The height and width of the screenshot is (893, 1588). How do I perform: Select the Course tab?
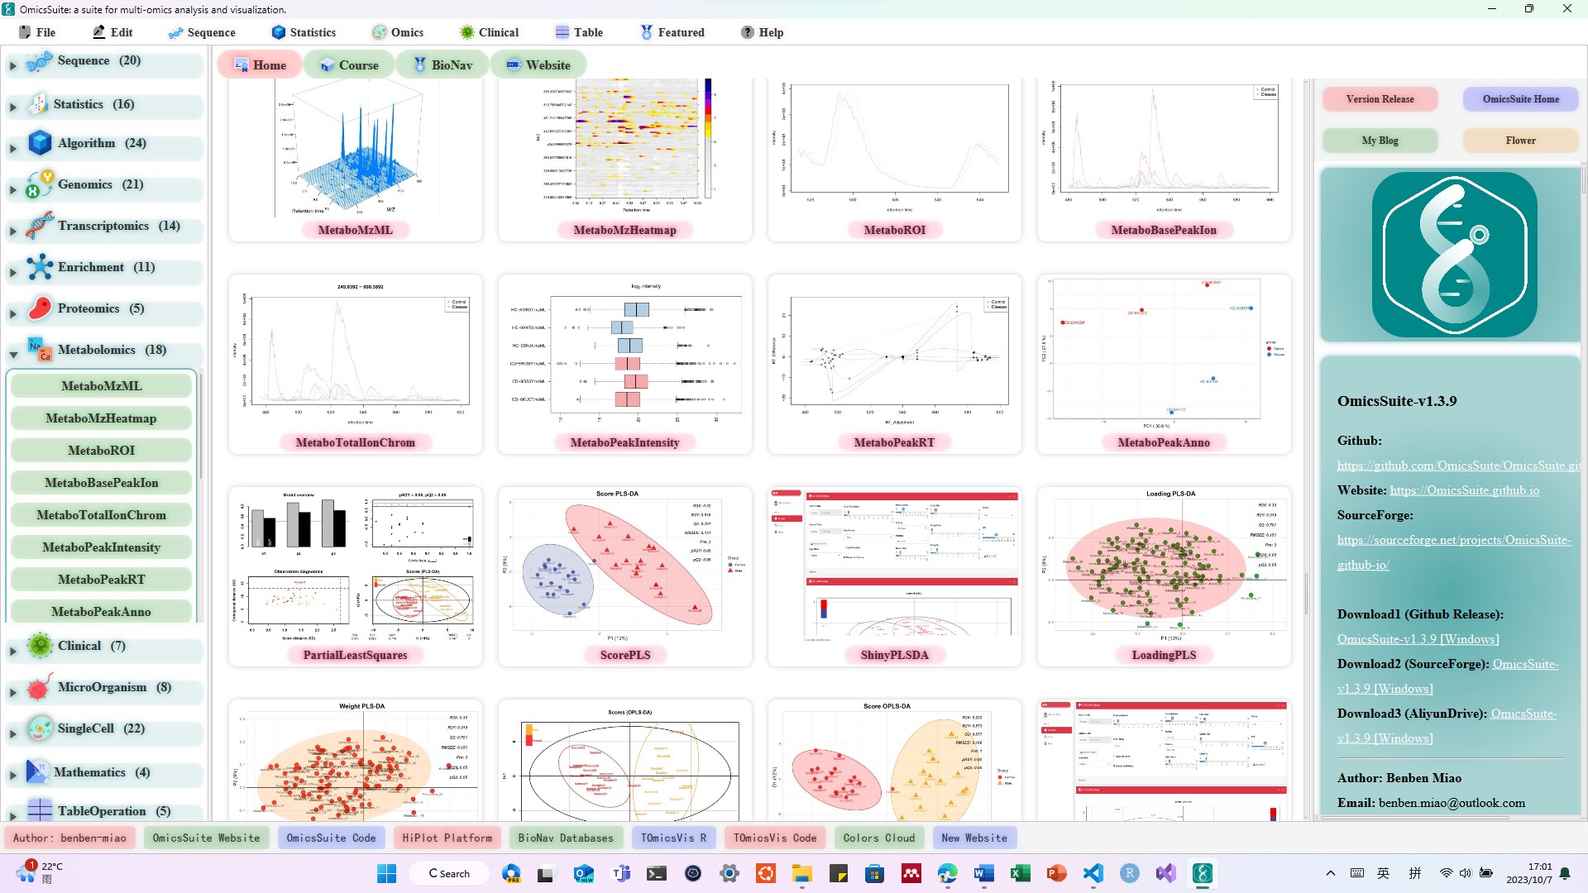pos(349,64)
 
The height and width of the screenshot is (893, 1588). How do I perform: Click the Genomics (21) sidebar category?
pos(100,184)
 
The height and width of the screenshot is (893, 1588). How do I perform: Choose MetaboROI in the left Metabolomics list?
pos(101,451)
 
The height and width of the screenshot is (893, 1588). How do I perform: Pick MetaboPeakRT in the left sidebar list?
pos(101,580)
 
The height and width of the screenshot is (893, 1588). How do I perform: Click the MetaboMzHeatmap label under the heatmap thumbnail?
pos(624,230)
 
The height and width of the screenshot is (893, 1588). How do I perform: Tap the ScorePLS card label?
pos(624,655)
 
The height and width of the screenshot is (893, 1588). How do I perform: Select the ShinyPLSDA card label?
pos(894,655)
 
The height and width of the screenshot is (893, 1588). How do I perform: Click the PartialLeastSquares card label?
pos(355,655)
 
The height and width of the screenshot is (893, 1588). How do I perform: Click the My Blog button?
pos(1380,141)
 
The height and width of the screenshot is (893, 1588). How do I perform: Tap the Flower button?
pos(1520,141)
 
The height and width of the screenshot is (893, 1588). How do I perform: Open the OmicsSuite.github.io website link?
pos(1464,490)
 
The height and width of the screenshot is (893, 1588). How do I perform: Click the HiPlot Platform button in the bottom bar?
pos(447,838)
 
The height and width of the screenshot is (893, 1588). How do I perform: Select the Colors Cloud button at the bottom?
pos(878,838)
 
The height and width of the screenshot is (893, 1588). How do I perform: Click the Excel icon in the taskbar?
pos(1020,873)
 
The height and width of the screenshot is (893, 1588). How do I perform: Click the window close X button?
pos(1566,9)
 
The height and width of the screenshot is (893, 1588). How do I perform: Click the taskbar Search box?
pos(448,873)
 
